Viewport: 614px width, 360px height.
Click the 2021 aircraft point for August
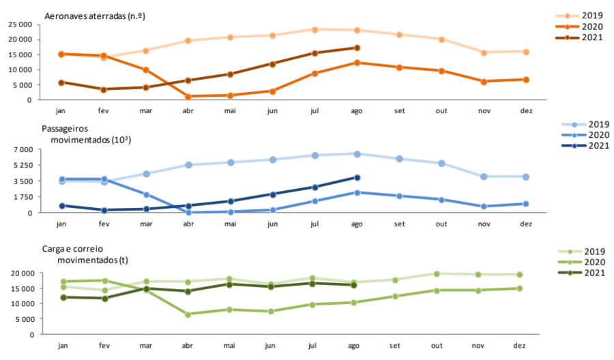click(x=357, y=48)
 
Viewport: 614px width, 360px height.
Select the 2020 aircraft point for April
click(x=188, y=97)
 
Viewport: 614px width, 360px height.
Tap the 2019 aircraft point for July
click(x=315, y=29)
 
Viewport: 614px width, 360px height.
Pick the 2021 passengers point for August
click(x=357, y=177)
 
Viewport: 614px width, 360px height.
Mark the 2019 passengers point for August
click(x=357, y=153)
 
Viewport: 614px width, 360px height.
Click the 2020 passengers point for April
click(x=188, y=212)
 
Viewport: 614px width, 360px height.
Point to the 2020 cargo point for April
click(x=188, y=314)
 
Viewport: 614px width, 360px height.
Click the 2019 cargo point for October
click(x=441, y=273)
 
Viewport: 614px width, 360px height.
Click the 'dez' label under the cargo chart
click(x=526, y=346)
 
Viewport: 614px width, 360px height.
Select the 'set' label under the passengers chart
click(x=399, y=224)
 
